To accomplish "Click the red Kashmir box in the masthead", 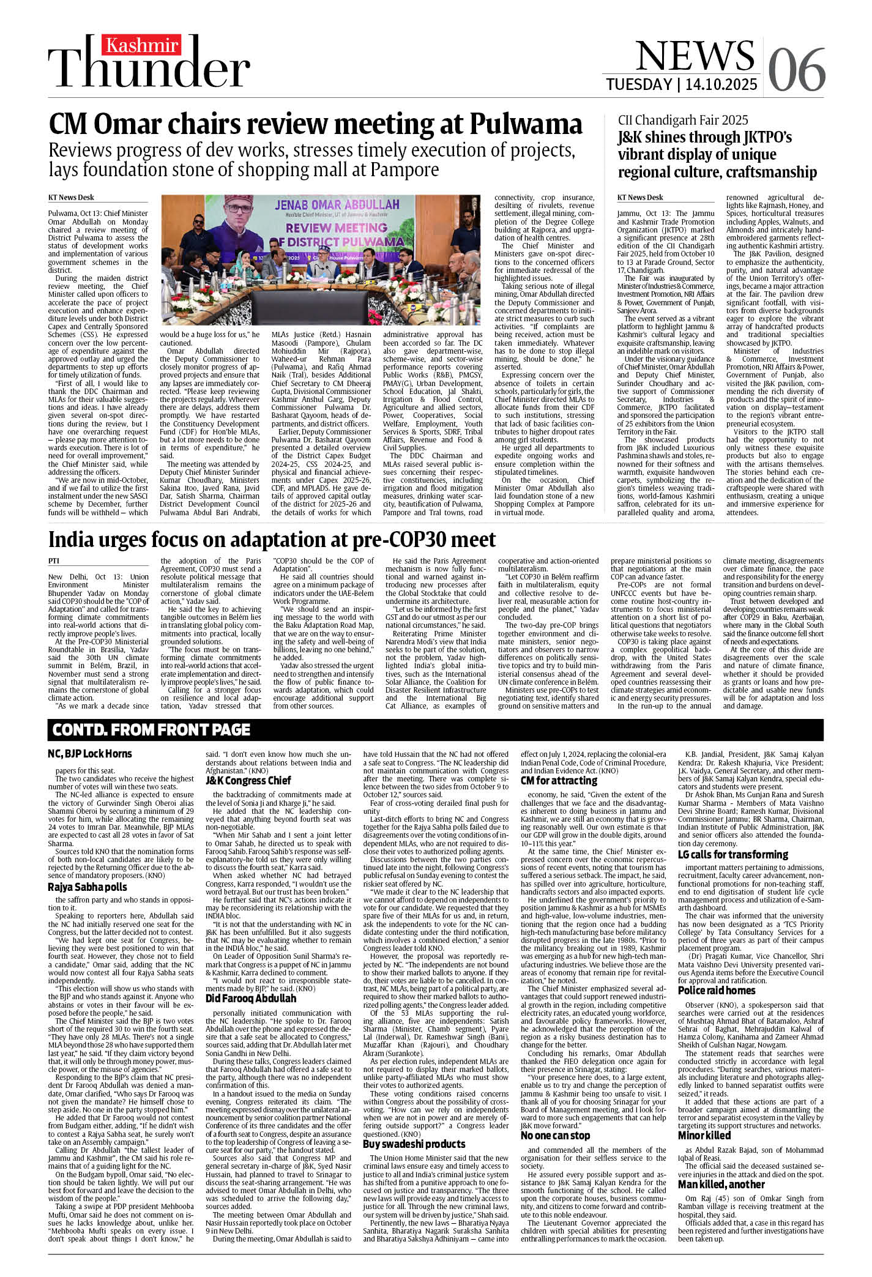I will pyautogui.click(x=142, y=45).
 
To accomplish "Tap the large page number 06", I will pyautogui.click(x=796, y=70).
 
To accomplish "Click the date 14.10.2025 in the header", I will pyautogui.click(x=721, y=84).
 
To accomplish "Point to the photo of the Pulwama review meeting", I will pyautogui.click(x=325, y=260).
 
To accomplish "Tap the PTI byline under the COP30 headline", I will pyautogui.click(x=54, y=560).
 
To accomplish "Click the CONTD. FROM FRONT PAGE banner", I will pyautogui.click(x=151, y=729).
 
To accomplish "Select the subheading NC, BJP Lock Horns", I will pyautogui.click(x=90, y=754).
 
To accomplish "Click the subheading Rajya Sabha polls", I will pyautogui.click(x=88, y=887).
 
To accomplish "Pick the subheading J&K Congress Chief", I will pyautogui.click(x=248, y=780).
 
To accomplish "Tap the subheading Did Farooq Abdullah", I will pyautogui.click(x=251, y=998).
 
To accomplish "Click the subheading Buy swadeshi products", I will pyautogui.click(x=414, y=1144).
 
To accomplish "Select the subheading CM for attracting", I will pyautogui.click(x=559, y=780).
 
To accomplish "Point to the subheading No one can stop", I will pyautogui.click(x=555, y=1135).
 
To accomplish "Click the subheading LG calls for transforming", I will pyautogui.click(x=732, y=854).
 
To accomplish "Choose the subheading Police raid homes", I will pyautogui.click(x=717, y=990).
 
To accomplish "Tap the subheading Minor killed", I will pyautogui.click(x=704, y=1135).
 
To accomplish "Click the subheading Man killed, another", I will pyautogui.click(x=721, y=1184).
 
